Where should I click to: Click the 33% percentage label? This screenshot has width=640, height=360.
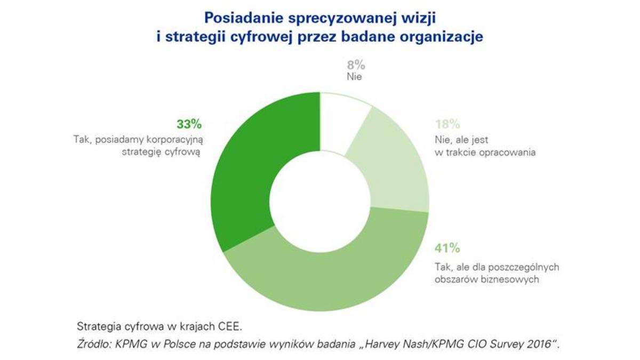pyautogui.click(x=189, y=124)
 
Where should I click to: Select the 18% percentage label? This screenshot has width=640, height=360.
pyautogui.click(x=448, y=124)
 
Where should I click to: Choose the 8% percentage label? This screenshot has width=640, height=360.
pyautogui.click(x=356, y=66)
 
